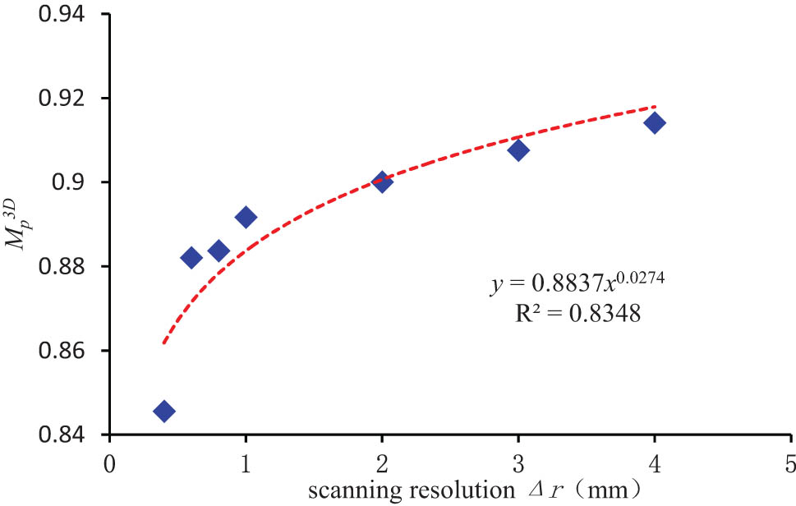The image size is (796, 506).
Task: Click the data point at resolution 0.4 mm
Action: point(163,411)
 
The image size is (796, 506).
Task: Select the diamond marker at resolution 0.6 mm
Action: point(191,258)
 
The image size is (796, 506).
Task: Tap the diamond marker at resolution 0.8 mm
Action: point(219,251)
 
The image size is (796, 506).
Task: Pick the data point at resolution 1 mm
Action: point(246,217)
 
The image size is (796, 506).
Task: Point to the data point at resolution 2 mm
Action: point(382,182)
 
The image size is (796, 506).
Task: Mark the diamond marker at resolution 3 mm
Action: point(518,150)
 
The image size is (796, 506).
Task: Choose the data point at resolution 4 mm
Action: point(655,123)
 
